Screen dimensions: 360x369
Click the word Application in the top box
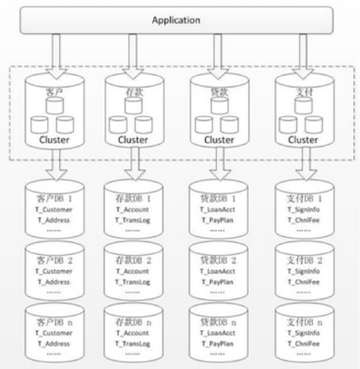click(x=176, y=20)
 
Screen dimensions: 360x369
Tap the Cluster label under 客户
click(x=54, y=139)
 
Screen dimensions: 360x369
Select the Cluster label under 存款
click(x=133, y=139)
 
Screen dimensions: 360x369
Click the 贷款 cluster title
click(x=219, y=92)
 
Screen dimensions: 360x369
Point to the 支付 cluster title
click(x=304, y=92)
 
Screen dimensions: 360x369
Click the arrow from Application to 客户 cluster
click(x=56, y=56)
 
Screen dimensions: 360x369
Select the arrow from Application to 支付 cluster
click(x=303, y=56)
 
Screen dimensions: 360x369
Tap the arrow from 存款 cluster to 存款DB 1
click(x=135, y=163)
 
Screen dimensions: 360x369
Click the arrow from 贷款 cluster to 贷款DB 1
click(x=220, y=163)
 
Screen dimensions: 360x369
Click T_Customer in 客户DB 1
click(x=54, y=209)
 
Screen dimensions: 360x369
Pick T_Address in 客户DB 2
click(x=54, y=282)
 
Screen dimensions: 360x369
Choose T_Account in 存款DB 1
click(x=133, y=209)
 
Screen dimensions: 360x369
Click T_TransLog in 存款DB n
click(x=133, y=344)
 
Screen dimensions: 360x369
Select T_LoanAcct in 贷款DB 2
click(x=217, y=271)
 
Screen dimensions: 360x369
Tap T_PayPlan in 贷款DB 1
click(x=217, y=220)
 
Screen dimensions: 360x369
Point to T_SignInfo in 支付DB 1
click(x=304, y=209)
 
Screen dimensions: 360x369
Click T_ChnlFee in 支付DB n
click(x=304, y=343)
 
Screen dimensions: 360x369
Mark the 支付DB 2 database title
click(x=304, y=260)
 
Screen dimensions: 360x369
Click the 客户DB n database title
click(x=54, y=322)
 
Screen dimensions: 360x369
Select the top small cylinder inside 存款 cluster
click(x=133, y=106)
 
